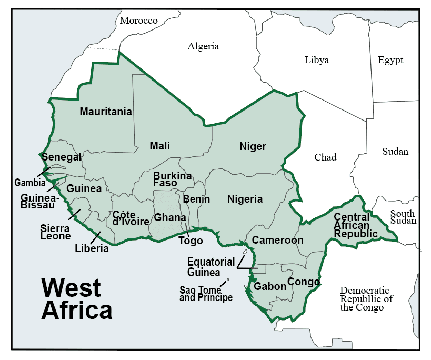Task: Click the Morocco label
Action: click(x=138, y=21)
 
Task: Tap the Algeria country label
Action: click(x=203, y=46)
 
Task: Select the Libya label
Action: click(x=316, y=60)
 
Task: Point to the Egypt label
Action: click(x=390, y=60)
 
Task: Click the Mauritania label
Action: click(x=106, y=112)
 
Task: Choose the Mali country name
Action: click(x=159, y=146)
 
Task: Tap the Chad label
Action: click(x=325, y=157)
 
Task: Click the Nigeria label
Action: click(x=245, y=199)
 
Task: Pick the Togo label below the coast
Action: click(x=191, y=241)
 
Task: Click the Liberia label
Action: click(x=92, y=248)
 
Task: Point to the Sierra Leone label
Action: click(x=55, y=232)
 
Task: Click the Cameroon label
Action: click(x=277, y=240)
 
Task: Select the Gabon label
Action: click(x=270, y=287)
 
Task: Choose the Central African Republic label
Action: click(x=356, y=225)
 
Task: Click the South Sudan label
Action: click(x=403, y=217)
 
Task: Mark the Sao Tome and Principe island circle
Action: click(x=228, y=279)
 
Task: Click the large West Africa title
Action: click(x=76, y=299)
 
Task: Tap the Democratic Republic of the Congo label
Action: click(x=366, y=299)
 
